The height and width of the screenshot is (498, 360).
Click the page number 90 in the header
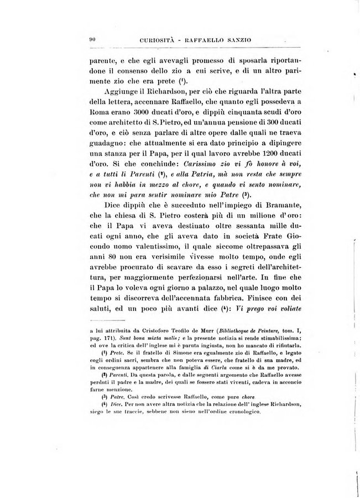pos(93,39)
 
